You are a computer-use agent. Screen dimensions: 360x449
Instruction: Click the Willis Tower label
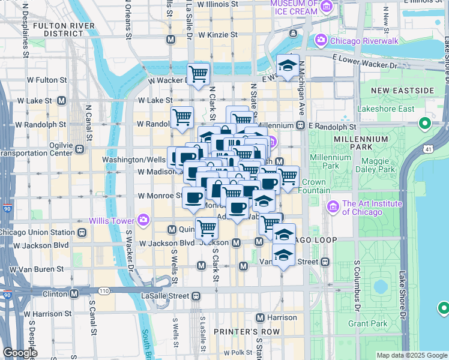coord(112,221)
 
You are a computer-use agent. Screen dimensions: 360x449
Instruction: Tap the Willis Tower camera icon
coord(143,221)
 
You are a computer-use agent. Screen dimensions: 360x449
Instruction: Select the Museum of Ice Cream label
coord(294,7)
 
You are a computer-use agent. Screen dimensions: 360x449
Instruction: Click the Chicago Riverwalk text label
coord(357,41)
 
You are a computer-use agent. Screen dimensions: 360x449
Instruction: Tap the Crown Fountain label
coord(313,186)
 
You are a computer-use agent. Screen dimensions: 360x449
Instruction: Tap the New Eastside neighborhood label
coord(402,91)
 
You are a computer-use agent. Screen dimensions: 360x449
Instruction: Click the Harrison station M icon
coord(260,317)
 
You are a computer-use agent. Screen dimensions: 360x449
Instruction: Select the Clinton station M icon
coord(74,294)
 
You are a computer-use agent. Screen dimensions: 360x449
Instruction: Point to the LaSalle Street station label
coord(162,295)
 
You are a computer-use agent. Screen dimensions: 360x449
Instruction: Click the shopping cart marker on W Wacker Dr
coord(198,75)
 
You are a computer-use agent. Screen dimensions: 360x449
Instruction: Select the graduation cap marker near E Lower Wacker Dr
coord(288,66)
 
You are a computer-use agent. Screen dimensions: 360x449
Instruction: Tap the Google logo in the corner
coord(20,353)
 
